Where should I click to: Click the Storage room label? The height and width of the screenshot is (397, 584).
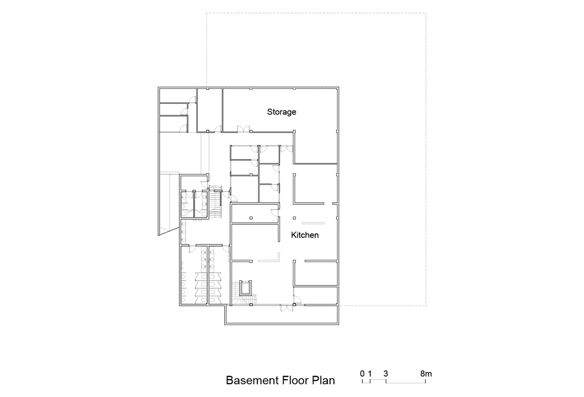pos(281,112)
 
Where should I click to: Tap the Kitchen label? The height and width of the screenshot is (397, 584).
pos(305,235)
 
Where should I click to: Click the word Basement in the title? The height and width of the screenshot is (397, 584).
pos(252,380)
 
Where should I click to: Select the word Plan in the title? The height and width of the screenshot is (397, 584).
pos(324,380)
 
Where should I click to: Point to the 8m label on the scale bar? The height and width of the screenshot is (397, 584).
pos(426,374)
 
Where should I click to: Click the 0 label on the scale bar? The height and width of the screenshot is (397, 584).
pos(362,374)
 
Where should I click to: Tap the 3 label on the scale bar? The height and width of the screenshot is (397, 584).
pos(386,374)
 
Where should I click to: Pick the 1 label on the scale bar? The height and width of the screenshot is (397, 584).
pos(370,374)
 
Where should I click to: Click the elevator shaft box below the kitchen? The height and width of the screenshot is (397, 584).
pos(245,288)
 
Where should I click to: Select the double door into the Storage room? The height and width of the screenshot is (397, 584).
pos(244,129)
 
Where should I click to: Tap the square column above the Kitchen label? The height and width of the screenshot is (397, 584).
pos(294,218)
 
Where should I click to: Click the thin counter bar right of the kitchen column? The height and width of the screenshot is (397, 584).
pos(313,223)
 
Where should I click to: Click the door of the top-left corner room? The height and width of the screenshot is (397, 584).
pos(192,100)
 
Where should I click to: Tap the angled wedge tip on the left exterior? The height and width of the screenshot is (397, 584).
pos(158,235)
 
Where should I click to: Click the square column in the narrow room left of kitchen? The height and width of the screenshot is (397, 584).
pos(251,218)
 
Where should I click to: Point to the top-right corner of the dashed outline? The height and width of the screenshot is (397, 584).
pos(426,13)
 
